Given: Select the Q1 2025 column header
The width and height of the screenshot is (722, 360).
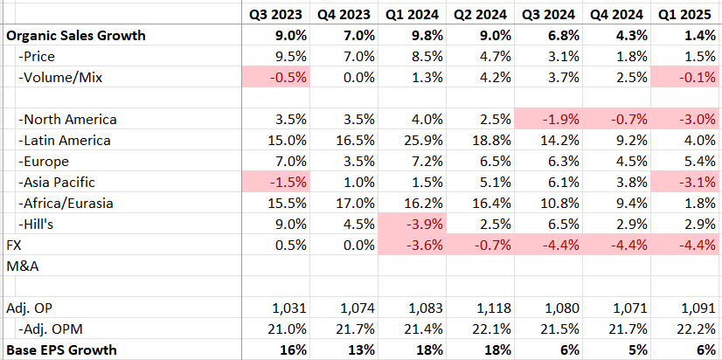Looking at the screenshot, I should click(x=685, y=15).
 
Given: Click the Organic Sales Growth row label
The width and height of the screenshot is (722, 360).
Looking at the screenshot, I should click(x=76, y=36).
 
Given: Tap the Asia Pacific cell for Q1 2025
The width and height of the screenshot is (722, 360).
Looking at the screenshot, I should click(x=687, y=182).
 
